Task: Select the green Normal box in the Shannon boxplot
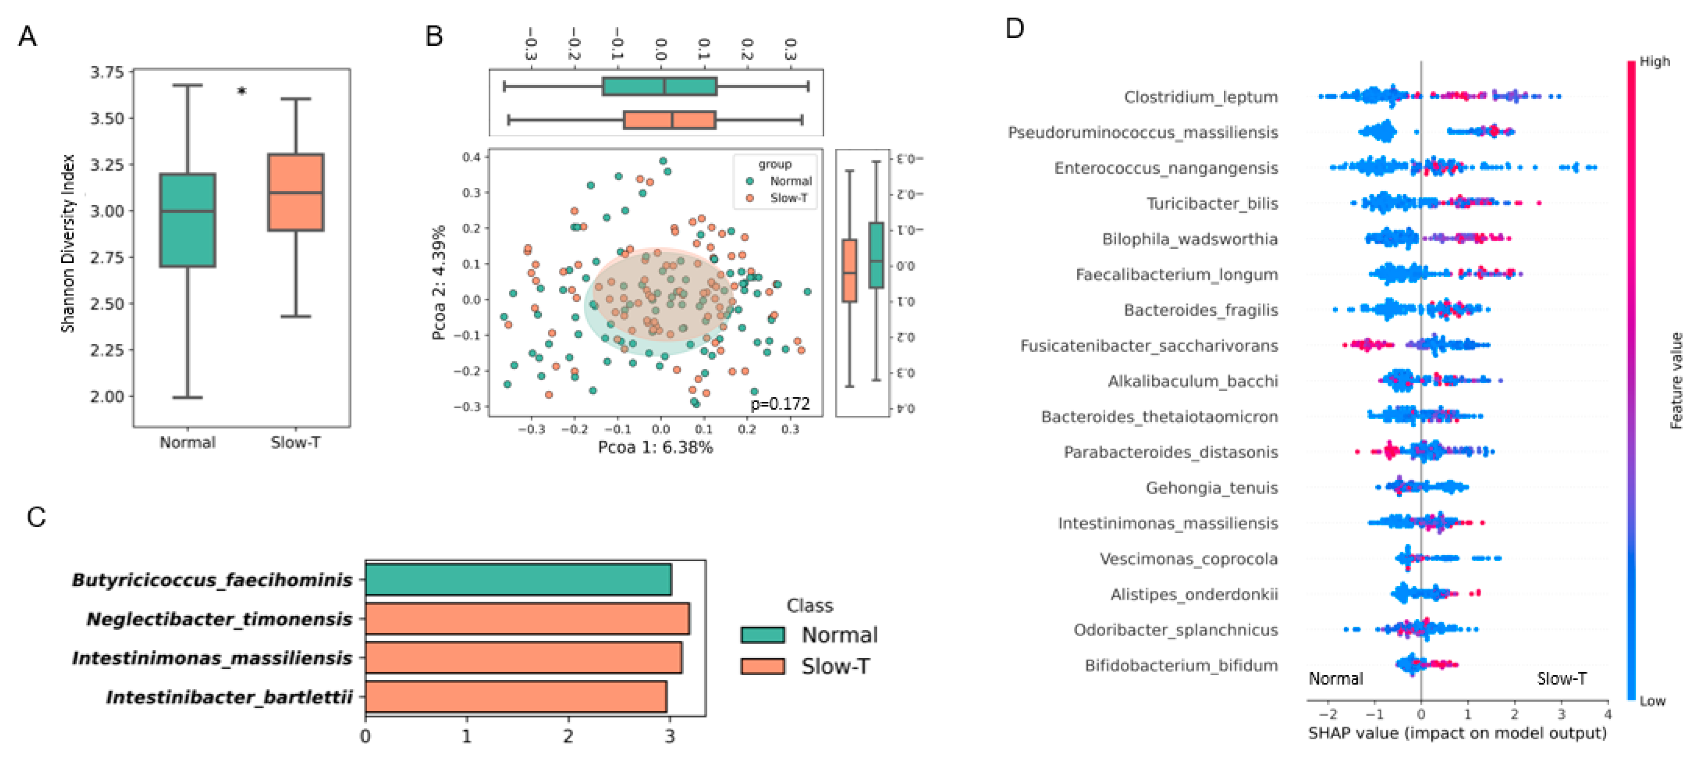(188, 220)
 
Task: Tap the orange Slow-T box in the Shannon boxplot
(295, 192)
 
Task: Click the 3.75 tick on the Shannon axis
(107, 72)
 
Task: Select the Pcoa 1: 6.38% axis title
(655, 448)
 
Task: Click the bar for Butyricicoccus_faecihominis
(518, 579)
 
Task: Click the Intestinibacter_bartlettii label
(229, 697)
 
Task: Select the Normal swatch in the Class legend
(762, 635)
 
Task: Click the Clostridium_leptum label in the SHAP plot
(1200, 97)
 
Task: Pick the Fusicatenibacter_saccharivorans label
(1148, 345)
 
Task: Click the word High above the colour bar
(1655, 61)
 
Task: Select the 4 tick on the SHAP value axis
(1607, 714)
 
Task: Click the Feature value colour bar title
(1676, 381)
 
